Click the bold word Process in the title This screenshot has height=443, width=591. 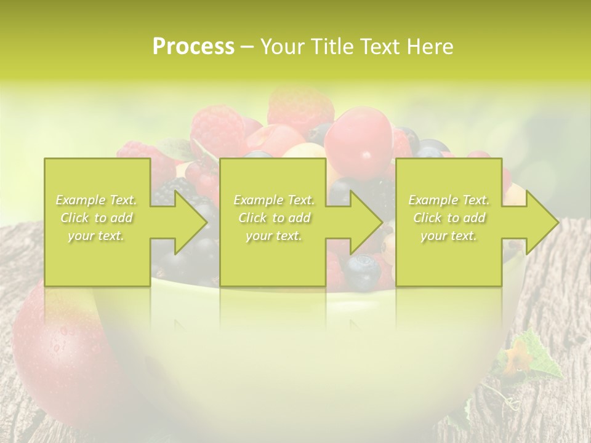coord(193,47)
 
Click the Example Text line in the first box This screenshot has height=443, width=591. coord(97,200)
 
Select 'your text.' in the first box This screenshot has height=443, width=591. coord(97,236)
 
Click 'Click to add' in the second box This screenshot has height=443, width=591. coord(274,218)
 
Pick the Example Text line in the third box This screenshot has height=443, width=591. coord(449,200)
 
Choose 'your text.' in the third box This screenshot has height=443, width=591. coord(449,236)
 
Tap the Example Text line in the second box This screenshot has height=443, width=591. coord(274,200)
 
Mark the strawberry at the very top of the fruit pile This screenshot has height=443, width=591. coord(300,105)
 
